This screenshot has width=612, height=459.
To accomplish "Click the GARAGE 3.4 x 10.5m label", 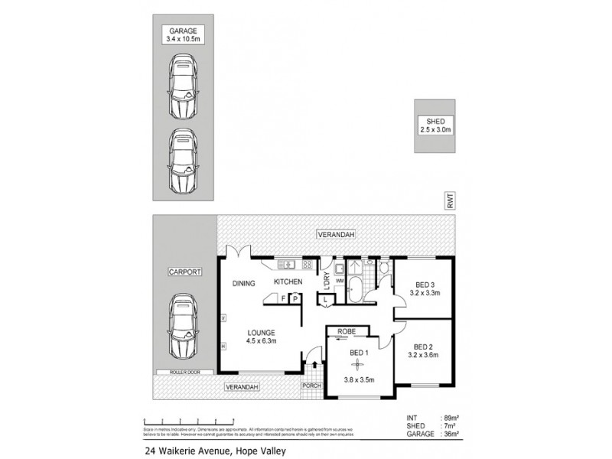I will coord(183,34).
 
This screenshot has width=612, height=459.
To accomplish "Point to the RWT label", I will coord(451,202).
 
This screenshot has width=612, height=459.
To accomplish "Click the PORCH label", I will coord(311,386).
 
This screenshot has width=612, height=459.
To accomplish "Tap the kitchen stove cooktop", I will coord(308,265).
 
